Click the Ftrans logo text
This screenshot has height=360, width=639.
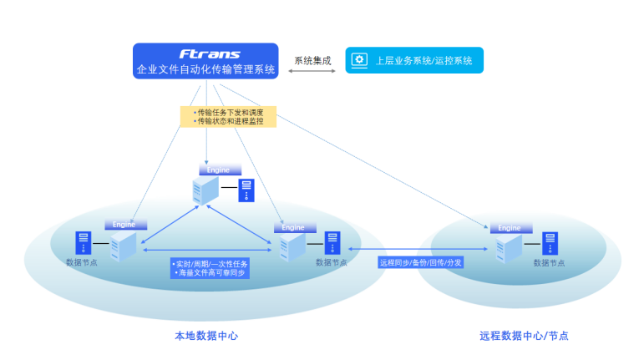[209, 54]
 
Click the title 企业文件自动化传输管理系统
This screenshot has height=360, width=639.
[205, 69]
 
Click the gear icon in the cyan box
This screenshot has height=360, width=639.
[360, 60]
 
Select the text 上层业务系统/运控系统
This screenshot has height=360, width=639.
[423, 60]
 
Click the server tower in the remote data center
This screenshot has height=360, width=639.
[508, 248]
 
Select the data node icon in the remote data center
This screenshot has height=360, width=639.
[549, 243]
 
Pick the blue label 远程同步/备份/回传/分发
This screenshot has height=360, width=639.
[420, 262]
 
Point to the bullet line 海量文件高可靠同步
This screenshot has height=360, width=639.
[210, 272]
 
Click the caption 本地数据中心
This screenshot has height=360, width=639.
[206, 336]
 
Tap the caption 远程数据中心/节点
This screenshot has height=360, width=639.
[524, 336]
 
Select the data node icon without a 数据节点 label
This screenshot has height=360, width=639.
[246, 190]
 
